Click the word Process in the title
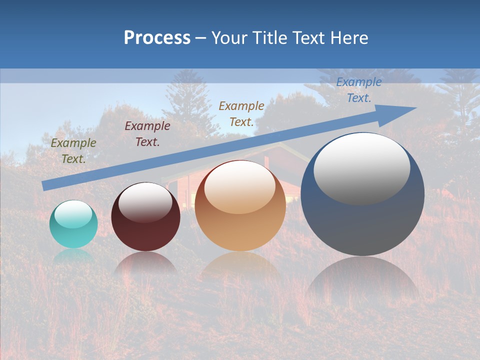[x=157, y=37]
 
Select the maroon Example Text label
[x=147, y=134]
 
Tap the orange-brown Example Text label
[x=241, y=114]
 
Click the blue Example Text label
[x=359, y=90]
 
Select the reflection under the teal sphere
[x=73, y=256]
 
